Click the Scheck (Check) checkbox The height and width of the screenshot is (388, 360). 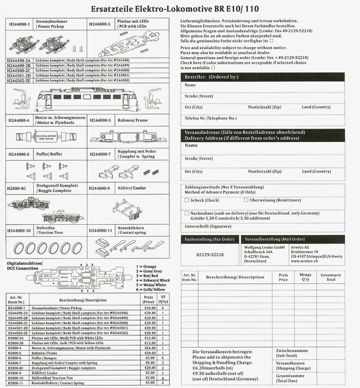pyautogui.click(x=186, y=200)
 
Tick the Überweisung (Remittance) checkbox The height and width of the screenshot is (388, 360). pyautogui.click(x=246, y=200)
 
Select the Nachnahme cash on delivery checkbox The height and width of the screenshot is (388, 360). pyautogui.click(x=186, y=213)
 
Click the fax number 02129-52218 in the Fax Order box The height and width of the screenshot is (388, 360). pyautogui.click(x=210, y=254)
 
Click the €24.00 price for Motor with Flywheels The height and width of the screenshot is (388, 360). pyautogui.click(x=150, y=348)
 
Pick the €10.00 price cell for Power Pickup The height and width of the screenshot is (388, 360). pyautogui.click(x=150, y=308)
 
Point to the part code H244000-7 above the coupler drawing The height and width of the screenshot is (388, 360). pyautogui.click(x=100, y=154)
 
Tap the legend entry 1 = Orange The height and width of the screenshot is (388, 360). pyautogui.click(x=146, y=266)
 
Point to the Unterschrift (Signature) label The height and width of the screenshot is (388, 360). pyautogui.click(x=203, y=226)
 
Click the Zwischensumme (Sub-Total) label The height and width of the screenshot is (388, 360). pyautogui.click(x=292, y=353)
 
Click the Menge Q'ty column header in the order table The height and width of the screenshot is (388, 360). pyautogui.click(x=305, y=277)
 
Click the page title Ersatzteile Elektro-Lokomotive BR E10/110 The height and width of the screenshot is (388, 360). pyautogui.click(x=177, y=9)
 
